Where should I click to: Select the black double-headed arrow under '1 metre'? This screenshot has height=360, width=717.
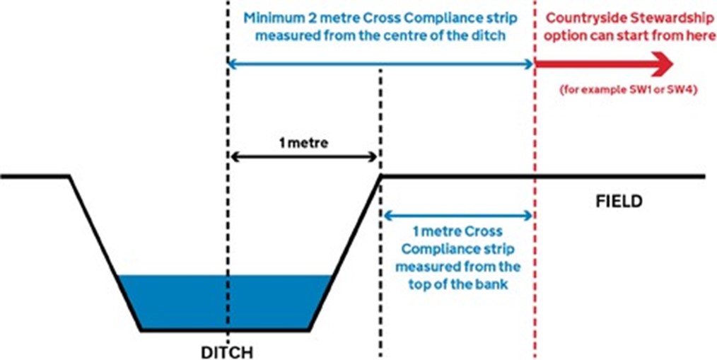[x=305, y=156]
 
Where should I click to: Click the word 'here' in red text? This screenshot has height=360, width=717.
[x=701, y=36]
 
